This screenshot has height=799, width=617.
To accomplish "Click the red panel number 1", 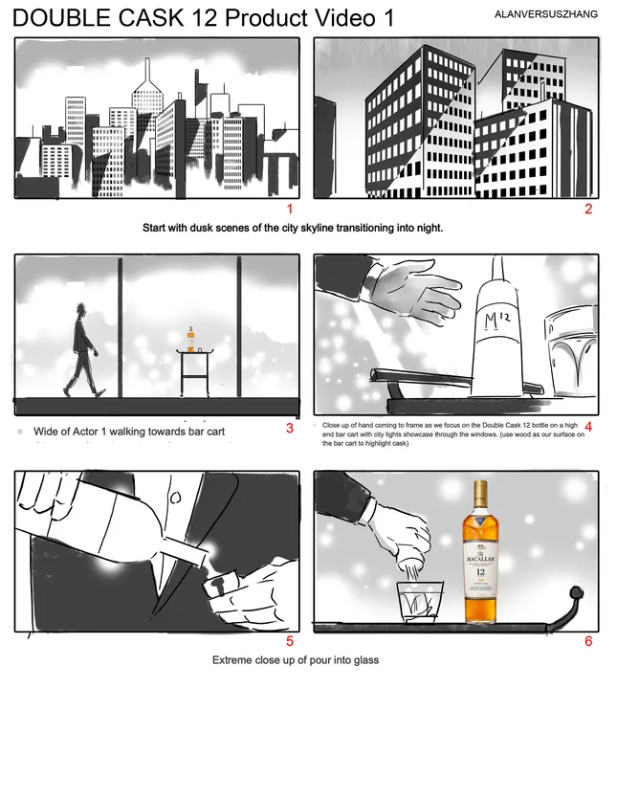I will (x=290, y=209).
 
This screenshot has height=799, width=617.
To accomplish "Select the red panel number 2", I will (x=588, y=209).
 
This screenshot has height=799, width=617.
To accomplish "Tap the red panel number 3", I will (x=290, y=428).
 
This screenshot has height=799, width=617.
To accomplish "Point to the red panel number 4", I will (x=588, y=428).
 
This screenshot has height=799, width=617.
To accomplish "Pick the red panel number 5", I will (x=290, y=642).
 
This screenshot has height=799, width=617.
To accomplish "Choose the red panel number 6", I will (x=588, y=642).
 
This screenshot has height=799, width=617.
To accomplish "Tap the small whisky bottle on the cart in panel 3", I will (x=191, y=340).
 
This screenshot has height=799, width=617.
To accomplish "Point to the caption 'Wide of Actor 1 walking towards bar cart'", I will (x=129, y=432).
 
